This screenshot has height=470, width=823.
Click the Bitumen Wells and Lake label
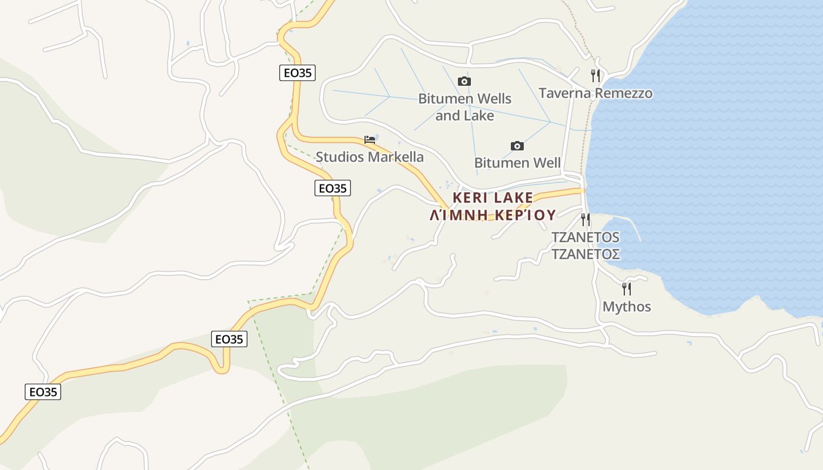point(464,107)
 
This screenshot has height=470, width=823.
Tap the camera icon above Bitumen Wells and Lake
point(464,81)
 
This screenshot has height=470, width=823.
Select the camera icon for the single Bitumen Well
point(517,146)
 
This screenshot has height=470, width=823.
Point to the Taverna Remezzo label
point(595,93)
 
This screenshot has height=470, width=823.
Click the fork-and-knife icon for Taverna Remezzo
point(595,75)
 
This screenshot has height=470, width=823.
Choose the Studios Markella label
point(369,157)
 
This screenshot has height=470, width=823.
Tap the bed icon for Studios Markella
point(370,140)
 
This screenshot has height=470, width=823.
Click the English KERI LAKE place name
point(493,197)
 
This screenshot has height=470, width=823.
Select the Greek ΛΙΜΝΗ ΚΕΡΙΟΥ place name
point(493,215)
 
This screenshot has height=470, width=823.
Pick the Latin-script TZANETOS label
point(585,237)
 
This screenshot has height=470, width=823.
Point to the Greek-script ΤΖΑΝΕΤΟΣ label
point(585,254)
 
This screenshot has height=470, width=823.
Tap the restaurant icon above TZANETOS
point(586,220)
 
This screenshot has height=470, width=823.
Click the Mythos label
point(627,307)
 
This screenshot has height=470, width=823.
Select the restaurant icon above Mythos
point(627,288)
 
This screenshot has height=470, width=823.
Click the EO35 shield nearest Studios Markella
point(333,188)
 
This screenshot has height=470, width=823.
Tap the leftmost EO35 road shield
point(43,392)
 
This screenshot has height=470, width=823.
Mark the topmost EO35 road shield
point(297,73)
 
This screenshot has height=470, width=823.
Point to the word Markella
point(395,157)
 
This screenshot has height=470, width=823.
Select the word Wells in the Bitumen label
point(492,98)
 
